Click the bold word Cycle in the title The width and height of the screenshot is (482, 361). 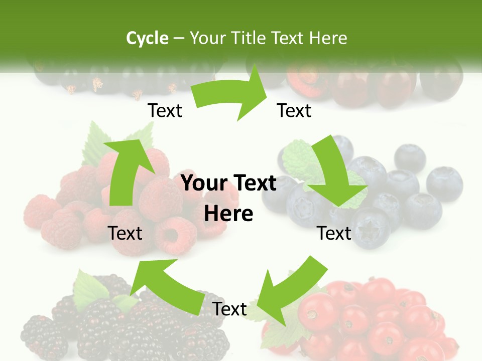click(147, 38)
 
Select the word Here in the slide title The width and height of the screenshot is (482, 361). click(329, 38)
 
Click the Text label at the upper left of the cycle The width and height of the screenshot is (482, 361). click(165, 111)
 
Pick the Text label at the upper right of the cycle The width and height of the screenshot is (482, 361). click(294, 111)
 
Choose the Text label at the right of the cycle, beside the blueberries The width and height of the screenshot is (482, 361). click(334, 233)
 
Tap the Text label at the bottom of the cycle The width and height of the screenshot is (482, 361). click(229, 309)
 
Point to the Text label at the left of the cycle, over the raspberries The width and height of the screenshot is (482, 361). click(126, 233)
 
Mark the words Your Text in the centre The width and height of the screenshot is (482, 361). click(228, 184)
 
